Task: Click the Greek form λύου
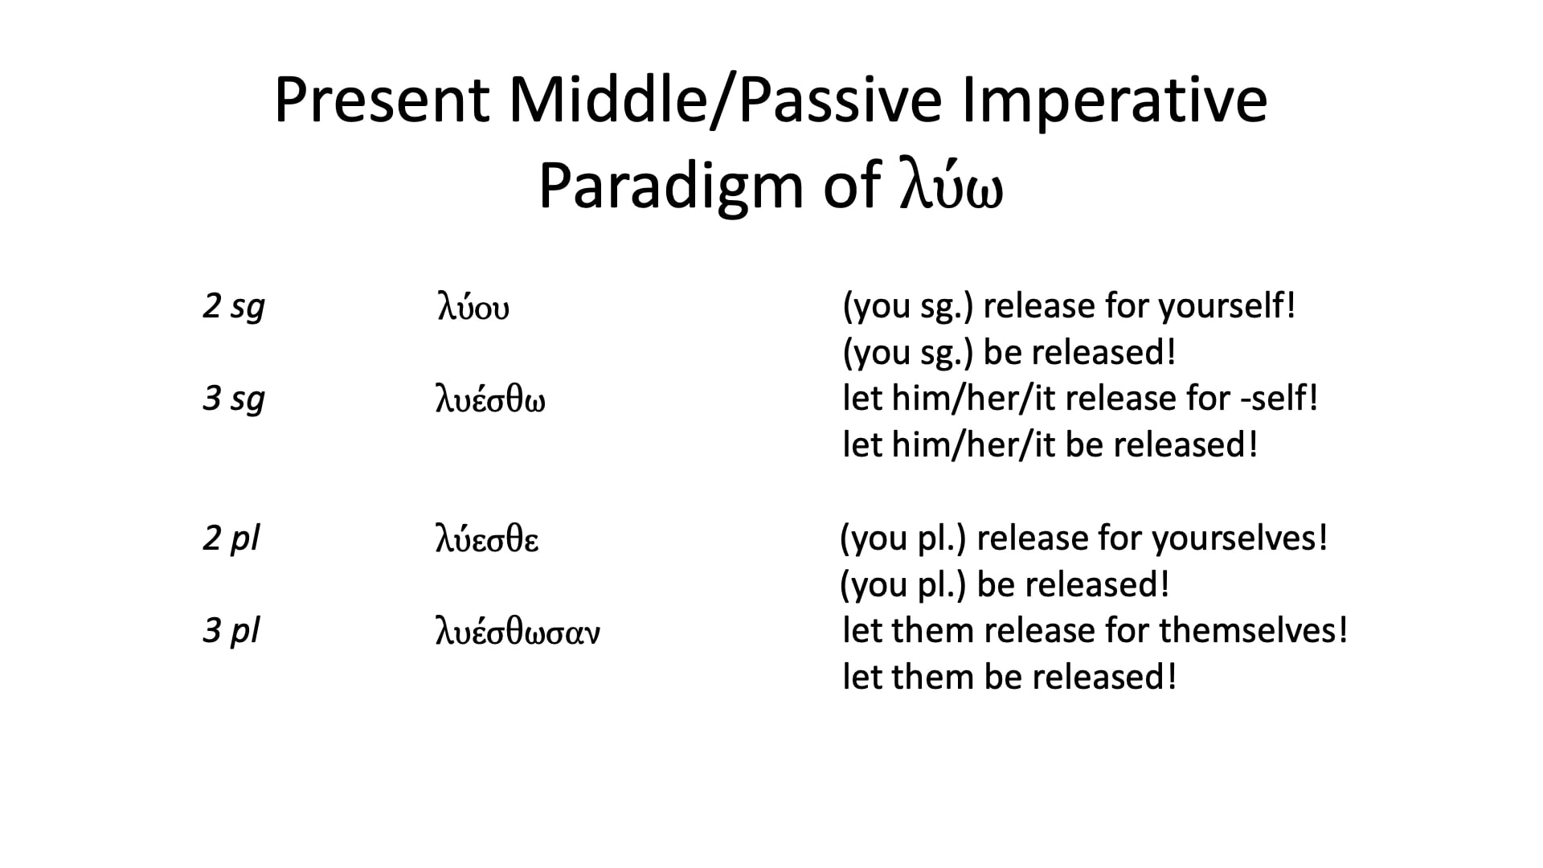coord(473,309)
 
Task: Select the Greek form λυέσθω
coord(490,400)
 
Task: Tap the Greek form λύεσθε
coord(487,539)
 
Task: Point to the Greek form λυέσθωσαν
coord(518,633)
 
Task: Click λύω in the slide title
coord(951,188)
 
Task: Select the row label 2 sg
coord(233,307)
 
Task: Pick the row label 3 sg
coord(233,399)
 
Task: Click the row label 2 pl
coord(231,538)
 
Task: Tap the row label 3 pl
coord(231,631)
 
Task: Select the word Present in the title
coord(382,100)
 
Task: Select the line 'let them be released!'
coord(1009,677)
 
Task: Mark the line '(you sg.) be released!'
coord(1009,353)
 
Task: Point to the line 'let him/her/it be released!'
coord(1050,445)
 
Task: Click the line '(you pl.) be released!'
coord(1005,585)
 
